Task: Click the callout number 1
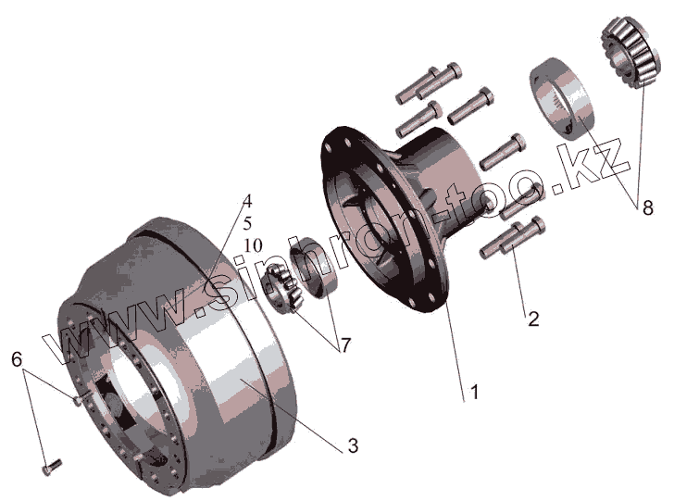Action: [474, 393]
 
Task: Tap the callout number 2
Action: [533, 319]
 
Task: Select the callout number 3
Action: [353, 445]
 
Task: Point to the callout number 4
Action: [246, 201]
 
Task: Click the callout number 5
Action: [247, 223]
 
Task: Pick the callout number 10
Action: [253, 245]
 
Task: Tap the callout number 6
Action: [17, 359]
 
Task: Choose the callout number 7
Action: [345, 344]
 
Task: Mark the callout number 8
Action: [647, 208]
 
